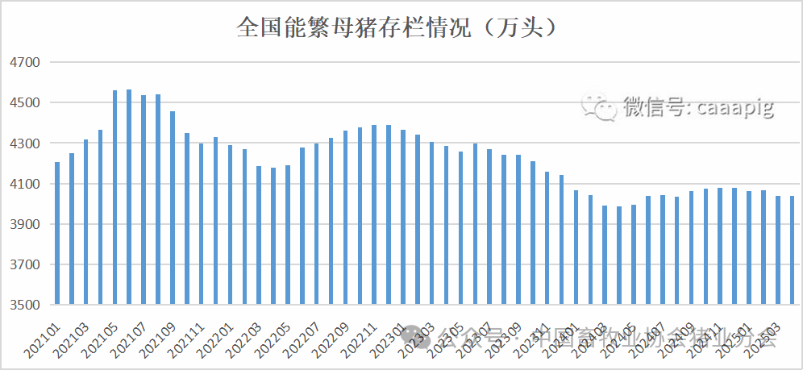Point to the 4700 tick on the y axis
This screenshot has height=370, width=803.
pos(23,62)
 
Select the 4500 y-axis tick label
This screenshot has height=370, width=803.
pos(23,103)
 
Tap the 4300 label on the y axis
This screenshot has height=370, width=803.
pos(23,143)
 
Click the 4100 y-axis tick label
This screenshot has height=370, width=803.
pos(23,185)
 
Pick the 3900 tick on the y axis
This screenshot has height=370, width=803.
pos(23,225)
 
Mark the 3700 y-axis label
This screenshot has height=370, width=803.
pos(23,265)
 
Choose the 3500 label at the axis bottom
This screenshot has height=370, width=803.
pos(23,306)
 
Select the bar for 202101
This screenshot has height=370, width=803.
pos(57,234)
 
